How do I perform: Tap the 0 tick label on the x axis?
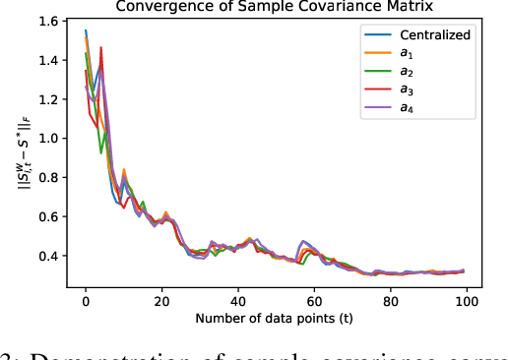pyautogui.click(x=86, y=300)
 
